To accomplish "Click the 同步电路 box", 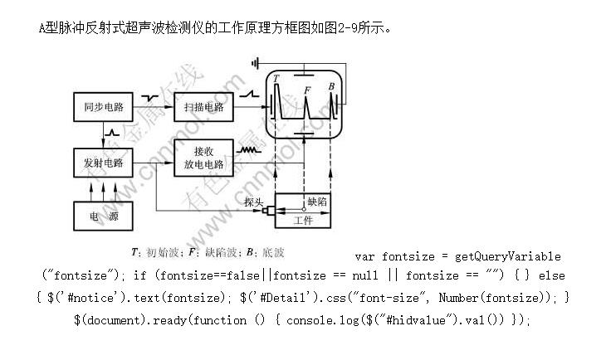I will click(x=104, y=107).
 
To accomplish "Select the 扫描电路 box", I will click(x=203, y=107).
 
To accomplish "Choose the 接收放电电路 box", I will click(x=203, y=158).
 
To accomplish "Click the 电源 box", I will click(x=104, y=216).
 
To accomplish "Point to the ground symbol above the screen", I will click(x=260, y=62).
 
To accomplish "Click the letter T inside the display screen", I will click(x=276, y=80).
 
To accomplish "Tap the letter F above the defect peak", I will click(x=307, y=89).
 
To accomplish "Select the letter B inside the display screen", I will click(x=331, y=86).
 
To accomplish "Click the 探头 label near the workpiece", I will click(x=254, y=202).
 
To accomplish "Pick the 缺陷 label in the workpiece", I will click(x=317, y=202).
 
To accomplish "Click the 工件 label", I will click(x=304, y=220).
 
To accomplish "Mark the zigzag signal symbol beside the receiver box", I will click(x=248, y=151).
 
